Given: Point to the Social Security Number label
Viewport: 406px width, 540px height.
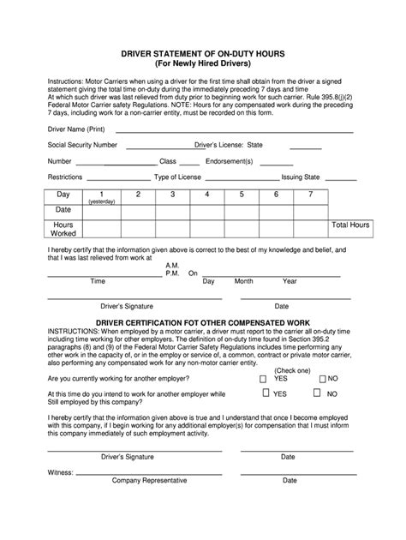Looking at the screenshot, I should tap(59, 145).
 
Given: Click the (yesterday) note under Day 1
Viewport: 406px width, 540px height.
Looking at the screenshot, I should tap(101, 201).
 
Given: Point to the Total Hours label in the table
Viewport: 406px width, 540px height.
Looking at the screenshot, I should tap(350, 225).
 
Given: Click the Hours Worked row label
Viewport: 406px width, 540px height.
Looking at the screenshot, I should tap(63, 229).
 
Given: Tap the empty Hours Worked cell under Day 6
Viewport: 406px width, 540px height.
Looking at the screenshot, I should tap(276, 228).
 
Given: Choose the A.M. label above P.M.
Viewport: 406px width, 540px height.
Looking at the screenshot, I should tap(172, 266).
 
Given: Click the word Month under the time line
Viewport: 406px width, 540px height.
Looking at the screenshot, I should tap(243, 281).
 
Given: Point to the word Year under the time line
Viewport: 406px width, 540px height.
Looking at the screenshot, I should tap(290, 281).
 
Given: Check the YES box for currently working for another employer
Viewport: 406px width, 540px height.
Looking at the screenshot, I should tap(262, 377).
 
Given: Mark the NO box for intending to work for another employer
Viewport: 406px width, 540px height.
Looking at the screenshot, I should tap(317, 393).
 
